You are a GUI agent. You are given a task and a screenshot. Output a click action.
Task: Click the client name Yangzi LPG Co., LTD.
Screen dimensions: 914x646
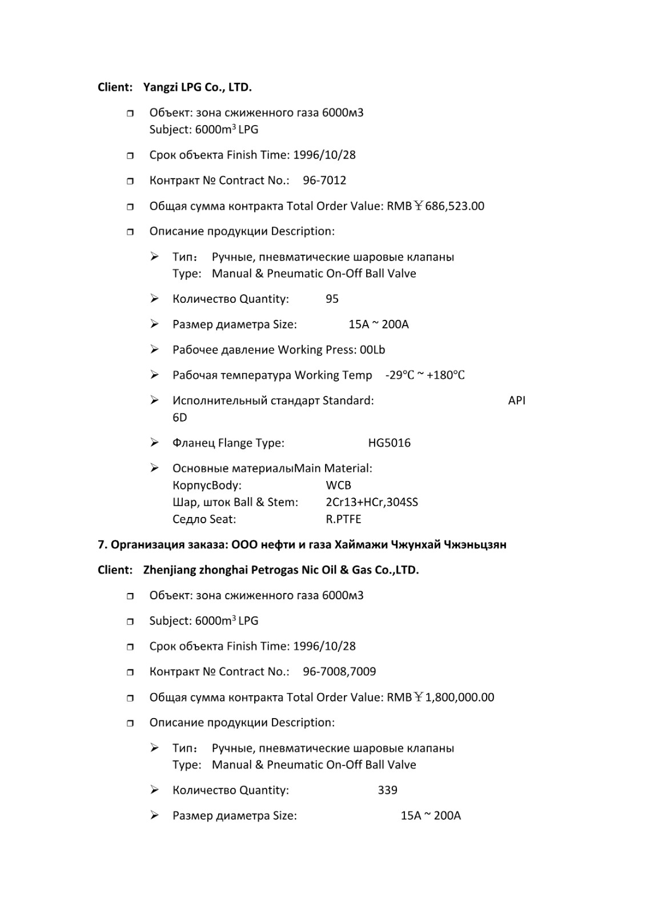point(197,87)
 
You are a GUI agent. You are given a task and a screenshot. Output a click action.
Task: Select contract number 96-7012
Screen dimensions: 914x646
point(324,181)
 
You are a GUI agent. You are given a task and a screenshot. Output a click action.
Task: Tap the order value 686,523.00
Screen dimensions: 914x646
point(454,206)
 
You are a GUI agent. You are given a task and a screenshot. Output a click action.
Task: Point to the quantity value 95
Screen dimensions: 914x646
point(332,299)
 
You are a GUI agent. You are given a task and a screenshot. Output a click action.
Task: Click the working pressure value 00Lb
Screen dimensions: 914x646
point(372,350)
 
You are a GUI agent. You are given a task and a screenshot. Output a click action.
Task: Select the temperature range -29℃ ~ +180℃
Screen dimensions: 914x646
point(425,375)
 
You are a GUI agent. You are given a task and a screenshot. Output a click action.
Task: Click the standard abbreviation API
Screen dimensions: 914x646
point(516,400)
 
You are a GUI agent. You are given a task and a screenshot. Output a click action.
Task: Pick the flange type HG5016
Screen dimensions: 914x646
point(389,443)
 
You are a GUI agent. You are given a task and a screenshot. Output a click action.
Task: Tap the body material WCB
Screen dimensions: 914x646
point(338,486)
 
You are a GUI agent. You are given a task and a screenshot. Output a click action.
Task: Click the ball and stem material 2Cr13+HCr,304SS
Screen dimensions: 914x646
point(372,503)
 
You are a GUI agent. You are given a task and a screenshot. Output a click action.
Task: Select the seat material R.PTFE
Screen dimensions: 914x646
point(343,520)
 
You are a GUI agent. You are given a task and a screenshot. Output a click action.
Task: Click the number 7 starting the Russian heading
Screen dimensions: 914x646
point(101,545)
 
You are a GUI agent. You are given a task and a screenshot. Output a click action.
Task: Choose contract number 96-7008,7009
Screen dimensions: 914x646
point(339,672)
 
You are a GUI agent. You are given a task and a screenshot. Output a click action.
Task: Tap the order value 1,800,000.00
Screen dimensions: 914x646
point(459,697)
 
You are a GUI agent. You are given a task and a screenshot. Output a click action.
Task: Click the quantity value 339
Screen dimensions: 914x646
point(387,791)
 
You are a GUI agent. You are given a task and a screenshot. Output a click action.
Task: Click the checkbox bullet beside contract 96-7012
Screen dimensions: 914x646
point(130,181)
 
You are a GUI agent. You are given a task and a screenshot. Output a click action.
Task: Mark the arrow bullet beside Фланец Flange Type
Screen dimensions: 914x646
point(154,443)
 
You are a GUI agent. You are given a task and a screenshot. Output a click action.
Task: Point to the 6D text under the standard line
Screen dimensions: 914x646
point(179,418)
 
